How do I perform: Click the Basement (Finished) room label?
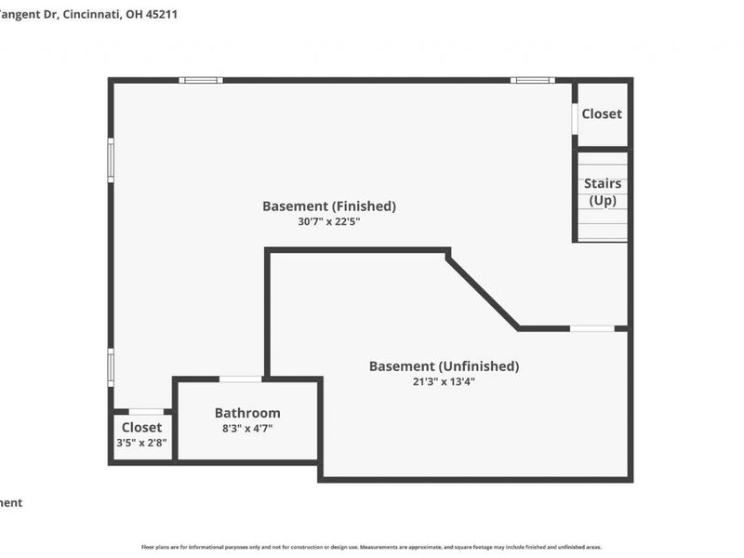tap(328, 206)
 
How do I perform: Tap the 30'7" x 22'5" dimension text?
tap(328, 222)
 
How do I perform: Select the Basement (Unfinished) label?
tap(444, 366)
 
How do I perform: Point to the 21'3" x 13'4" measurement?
tap(444, 381)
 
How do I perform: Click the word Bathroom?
tap(247, 413)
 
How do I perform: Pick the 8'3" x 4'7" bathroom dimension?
tap(247, 429)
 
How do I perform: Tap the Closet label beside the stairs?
tap(602, 113)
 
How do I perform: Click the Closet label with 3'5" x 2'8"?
tap(141, 428)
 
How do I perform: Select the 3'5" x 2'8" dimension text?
tap(141, 443)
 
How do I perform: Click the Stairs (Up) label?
tap(602, 192)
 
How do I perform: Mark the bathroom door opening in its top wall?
tap(240, 379)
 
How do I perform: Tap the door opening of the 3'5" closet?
tap(146, 411)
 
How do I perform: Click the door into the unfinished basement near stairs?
tap(591, 328)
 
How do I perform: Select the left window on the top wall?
tap(201, 81)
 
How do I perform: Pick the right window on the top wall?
tap(532, 81)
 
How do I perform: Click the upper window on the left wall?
tap(111, 159)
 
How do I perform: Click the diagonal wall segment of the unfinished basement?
tap(483, 292)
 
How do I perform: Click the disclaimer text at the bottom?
tap(371, 548)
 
